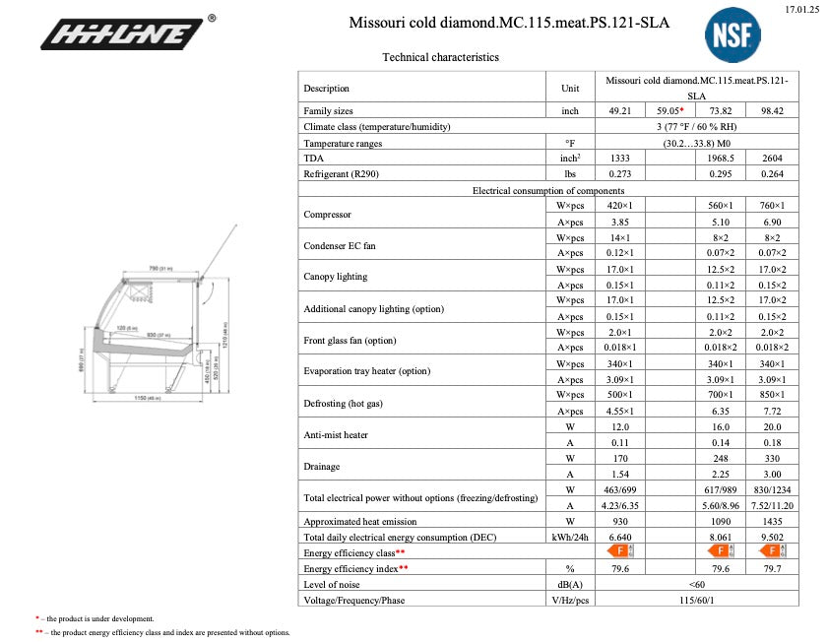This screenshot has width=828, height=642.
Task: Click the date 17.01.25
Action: click(802, 9)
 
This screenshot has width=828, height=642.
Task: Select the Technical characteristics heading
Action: click(440, 57)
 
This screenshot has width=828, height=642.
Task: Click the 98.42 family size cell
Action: click(772, 111)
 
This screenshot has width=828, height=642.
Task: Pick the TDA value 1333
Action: click(620, 159)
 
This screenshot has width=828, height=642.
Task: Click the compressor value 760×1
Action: click(772, 206)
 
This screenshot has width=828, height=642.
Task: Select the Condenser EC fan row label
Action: click(340, 245)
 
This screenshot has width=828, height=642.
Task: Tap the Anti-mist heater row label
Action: click(336, 434)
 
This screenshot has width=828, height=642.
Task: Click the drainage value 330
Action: click(772, 458)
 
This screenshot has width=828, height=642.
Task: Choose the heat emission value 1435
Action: click(772, 521)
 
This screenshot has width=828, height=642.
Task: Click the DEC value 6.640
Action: click(620, 537)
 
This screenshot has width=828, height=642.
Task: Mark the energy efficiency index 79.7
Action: click(772, 568)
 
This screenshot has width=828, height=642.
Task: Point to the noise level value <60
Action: click(696, 584)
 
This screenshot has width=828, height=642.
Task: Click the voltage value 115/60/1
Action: click(696, 600)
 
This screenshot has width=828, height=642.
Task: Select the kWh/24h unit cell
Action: click(570, 537)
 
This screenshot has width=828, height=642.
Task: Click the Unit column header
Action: click(570, 88)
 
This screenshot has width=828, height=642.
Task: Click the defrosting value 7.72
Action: click(772, 411)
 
